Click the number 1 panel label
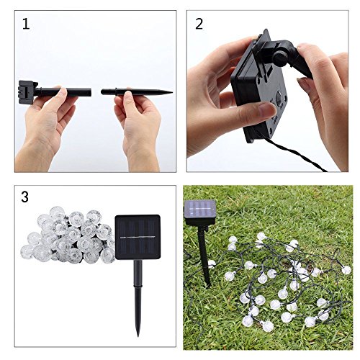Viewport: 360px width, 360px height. click(26, 24)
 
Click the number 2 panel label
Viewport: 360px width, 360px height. click(199, 24)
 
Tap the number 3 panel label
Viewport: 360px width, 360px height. click(24, 197)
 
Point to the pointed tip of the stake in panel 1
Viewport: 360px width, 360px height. click(172, 92)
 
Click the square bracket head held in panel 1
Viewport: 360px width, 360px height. click(28, 92)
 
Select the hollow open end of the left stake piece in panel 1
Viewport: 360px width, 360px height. click(90, 92)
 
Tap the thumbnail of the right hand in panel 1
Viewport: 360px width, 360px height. click(128, 96)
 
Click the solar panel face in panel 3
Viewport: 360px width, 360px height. click(138, 237)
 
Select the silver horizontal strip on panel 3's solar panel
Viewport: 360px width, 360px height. click(138, 237)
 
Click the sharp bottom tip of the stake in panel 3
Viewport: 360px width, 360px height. click(138, 336)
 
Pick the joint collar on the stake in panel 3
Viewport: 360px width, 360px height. click(138, 286)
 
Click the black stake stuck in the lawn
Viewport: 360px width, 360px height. click(204, 256)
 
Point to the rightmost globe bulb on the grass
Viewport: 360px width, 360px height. click(346, 270)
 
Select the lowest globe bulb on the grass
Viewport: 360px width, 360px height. click(268, 326)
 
